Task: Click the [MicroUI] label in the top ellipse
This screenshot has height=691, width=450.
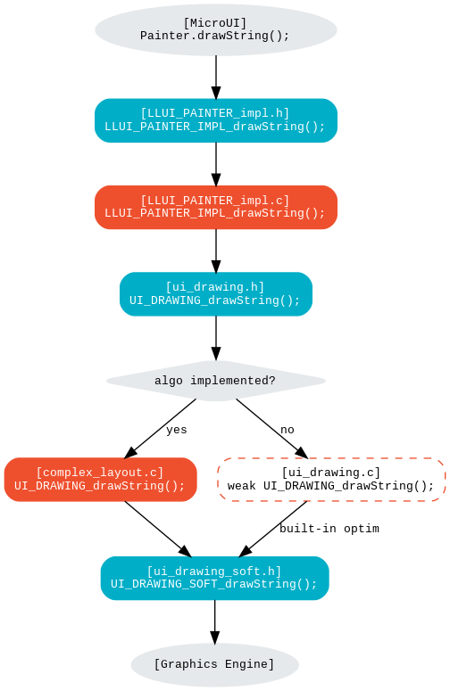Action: click(215, 23)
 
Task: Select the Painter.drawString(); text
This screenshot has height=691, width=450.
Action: click(215, 36)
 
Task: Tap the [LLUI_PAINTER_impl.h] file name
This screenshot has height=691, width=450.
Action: click(215, 113)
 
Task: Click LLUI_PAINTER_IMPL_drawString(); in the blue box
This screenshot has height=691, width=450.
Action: click(215, 127)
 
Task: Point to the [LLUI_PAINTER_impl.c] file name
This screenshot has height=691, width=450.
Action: click(215, 200)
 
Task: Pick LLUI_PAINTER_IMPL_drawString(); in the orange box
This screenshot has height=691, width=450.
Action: click(215, 213)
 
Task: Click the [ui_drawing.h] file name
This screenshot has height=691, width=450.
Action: click(215, 287)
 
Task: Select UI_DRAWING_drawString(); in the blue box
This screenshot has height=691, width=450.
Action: click(215, 300)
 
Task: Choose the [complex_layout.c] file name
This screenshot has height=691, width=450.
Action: click(100, 473)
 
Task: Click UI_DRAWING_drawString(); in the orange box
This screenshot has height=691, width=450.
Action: click(100, 486)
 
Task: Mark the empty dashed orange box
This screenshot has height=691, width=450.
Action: click(331, 480)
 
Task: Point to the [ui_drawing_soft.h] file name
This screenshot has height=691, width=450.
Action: click(214, 571)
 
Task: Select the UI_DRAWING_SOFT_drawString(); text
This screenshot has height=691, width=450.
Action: click(214, 584)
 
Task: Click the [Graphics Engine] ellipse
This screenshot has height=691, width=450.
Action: click(214, 664)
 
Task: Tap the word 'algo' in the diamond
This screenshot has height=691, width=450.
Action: click(169, 381)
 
